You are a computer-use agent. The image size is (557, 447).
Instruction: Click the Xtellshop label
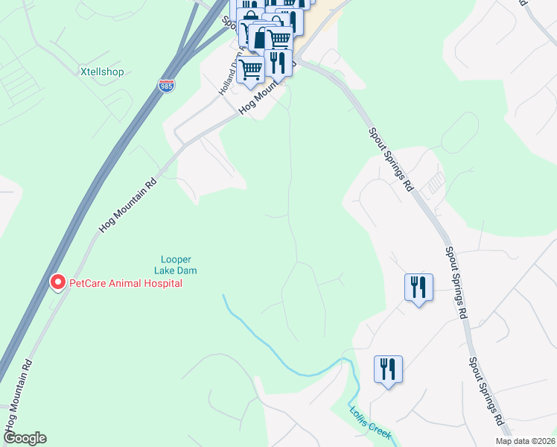(101, 72)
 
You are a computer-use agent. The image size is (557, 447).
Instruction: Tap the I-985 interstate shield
(168, 86)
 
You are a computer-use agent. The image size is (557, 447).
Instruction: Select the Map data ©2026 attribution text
(524, 441)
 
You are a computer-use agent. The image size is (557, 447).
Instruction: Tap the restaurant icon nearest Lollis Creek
(388, 370)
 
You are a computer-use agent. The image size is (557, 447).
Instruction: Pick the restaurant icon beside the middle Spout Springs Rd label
(417, 288)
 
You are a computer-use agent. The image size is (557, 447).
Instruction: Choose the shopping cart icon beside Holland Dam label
(251, 70)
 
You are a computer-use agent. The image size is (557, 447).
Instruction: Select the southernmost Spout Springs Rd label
(486, 396)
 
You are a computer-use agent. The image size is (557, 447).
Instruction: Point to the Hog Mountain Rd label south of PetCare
(18, 394)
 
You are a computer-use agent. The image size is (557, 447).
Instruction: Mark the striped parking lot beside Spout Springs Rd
(433, 184)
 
